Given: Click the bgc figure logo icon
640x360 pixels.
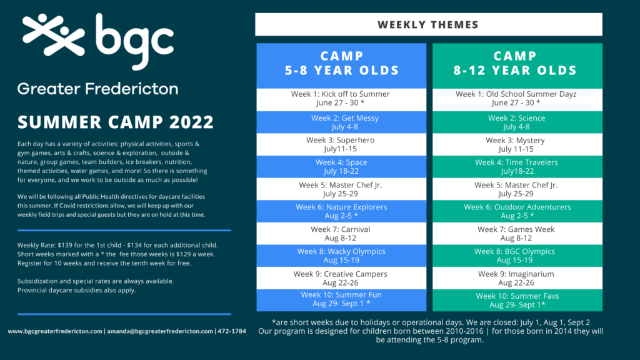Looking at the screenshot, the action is [54, 35].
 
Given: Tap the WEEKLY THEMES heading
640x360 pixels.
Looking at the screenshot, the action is [428, 24].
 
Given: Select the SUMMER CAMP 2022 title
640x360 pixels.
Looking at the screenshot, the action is [116, 122].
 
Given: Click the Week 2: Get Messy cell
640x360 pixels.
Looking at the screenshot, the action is [341, 122].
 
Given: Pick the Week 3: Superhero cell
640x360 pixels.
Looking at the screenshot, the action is [341, 144].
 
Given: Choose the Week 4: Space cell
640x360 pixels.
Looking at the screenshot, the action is [341, 166].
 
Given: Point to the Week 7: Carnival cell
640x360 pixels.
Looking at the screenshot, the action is [341, 234].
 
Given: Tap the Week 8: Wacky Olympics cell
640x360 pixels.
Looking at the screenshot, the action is [341, 256].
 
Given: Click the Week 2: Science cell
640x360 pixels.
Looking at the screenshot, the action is [517, 122].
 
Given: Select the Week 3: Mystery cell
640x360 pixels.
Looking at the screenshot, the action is [517, 144].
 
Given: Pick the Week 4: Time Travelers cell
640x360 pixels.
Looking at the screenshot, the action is [517, 166].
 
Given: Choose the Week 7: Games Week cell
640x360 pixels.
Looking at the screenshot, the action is [517, 234].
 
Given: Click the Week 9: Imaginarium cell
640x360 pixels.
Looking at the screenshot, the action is [517, 278].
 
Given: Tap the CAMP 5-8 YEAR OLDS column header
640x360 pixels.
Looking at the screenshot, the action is [341, 66].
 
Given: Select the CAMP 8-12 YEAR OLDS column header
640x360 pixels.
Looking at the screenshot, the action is [517, 66].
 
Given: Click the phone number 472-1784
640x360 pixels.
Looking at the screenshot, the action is [232, 331].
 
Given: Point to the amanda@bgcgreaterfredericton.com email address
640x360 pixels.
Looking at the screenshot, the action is [160, 331].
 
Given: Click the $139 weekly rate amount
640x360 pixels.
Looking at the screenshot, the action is [64, 245].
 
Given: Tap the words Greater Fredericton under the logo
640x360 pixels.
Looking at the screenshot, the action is [98, 89].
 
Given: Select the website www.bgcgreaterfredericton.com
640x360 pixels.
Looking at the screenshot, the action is [55, 331].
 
